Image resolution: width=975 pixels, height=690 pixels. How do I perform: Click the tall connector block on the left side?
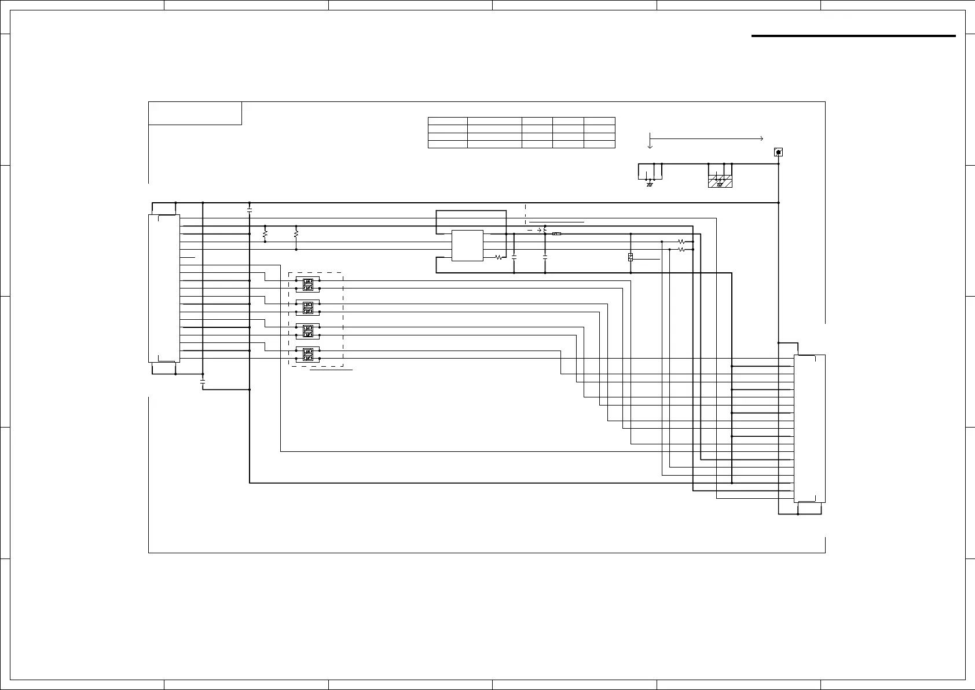(164, 288)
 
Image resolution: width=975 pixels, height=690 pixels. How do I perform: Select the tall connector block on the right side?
(809, 428)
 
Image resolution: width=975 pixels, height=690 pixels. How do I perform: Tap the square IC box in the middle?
(467, 246)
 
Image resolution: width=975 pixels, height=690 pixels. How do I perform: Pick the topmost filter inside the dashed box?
(308, 284)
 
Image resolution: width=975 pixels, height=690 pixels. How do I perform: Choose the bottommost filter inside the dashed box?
(308, 355)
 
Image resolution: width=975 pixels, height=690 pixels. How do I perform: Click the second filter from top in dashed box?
(308, 308)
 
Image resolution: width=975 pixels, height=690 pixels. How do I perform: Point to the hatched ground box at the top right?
(720, 180)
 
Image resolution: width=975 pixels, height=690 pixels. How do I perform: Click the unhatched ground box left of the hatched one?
(650, 172)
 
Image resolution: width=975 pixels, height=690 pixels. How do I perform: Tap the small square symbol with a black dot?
(779, 152)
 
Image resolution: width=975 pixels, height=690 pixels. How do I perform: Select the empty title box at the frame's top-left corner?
(195, 113)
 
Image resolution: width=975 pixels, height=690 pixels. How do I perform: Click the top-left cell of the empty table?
(448, 121)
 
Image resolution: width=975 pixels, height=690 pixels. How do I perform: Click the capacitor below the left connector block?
(203, 382)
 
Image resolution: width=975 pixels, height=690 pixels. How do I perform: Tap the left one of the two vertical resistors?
(265, 234)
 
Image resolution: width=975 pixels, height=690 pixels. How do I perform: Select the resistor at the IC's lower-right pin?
(499, 257)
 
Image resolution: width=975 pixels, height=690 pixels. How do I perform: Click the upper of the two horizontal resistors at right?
(681, 242)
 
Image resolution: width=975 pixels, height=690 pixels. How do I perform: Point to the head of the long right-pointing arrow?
(761, 138)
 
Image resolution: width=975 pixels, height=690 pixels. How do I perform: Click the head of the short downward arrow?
(650, 147)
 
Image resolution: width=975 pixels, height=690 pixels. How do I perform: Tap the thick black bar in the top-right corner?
(853, 36)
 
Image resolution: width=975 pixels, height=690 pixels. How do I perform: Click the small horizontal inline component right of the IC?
(556, 234)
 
